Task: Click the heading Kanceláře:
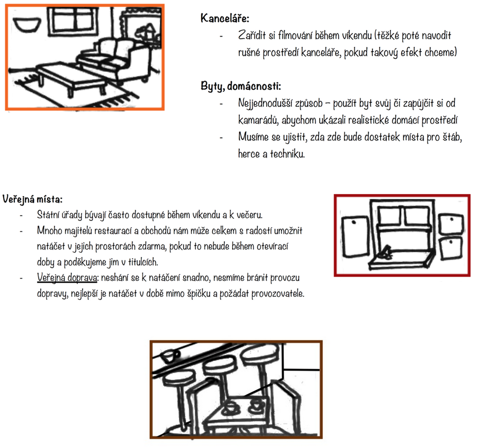point(225,18)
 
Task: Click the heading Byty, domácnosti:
point(241,86)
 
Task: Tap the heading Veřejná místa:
point(32,199)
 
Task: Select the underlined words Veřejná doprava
point(67,278)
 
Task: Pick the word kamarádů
point(258,120)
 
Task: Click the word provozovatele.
point(278,294)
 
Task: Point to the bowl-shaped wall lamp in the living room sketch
point(27,24)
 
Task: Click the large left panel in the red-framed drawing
point(356,236)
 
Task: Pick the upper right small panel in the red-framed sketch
point(451,223)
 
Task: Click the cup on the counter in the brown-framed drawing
point(170,356)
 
